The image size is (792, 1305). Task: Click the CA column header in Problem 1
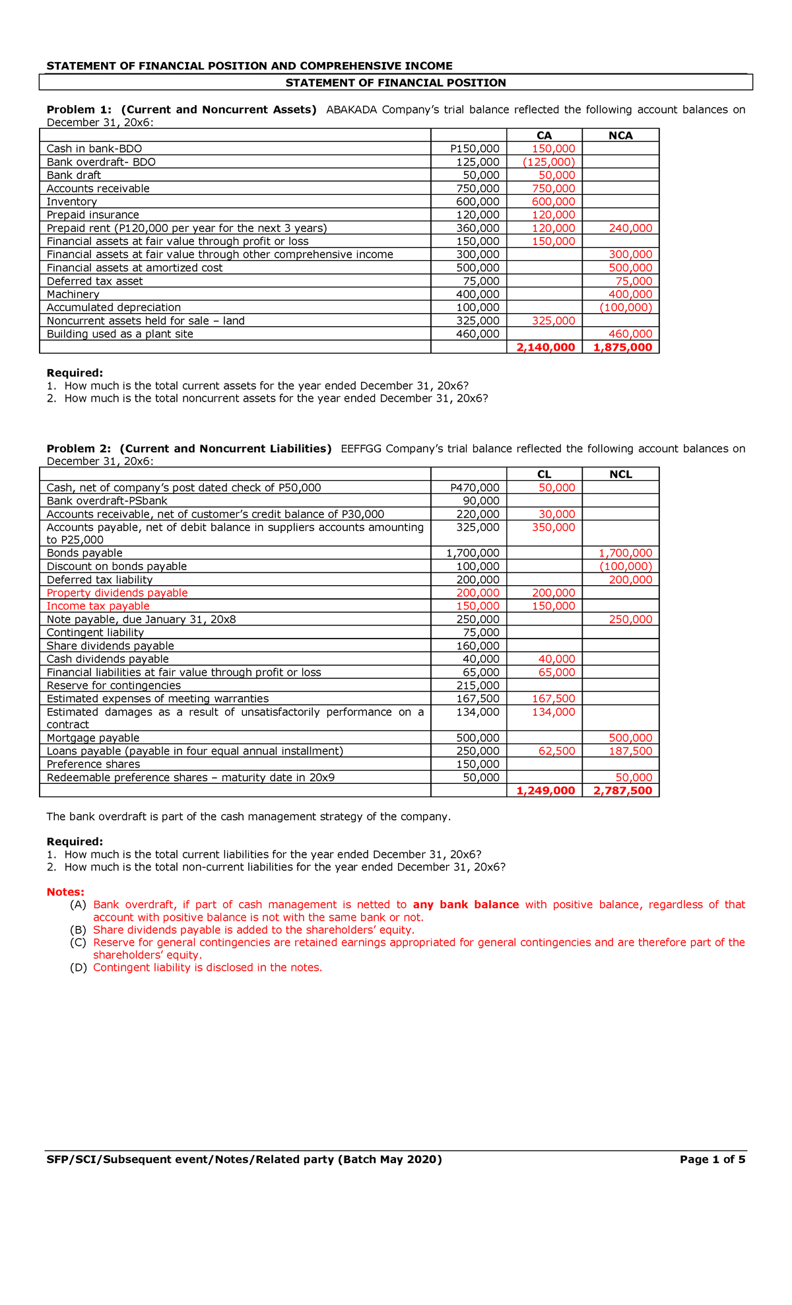544,135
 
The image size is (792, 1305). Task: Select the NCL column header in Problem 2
620,474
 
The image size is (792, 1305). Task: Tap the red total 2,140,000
545,347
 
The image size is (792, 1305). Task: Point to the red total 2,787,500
622,791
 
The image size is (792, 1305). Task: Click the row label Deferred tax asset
94,281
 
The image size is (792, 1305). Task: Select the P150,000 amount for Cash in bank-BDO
475,149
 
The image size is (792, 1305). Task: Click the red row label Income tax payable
98,606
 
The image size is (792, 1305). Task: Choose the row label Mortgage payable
93,738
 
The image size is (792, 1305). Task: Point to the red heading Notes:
65,892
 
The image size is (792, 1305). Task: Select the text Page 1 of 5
712,1159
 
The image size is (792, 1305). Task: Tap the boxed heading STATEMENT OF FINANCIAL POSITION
395,83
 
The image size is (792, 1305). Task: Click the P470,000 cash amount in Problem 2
475,488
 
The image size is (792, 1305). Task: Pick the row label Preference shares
93,764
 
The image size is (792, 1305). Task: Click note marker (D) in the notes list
78,968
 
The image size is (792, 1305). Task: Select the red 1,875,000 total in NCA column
622,347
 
